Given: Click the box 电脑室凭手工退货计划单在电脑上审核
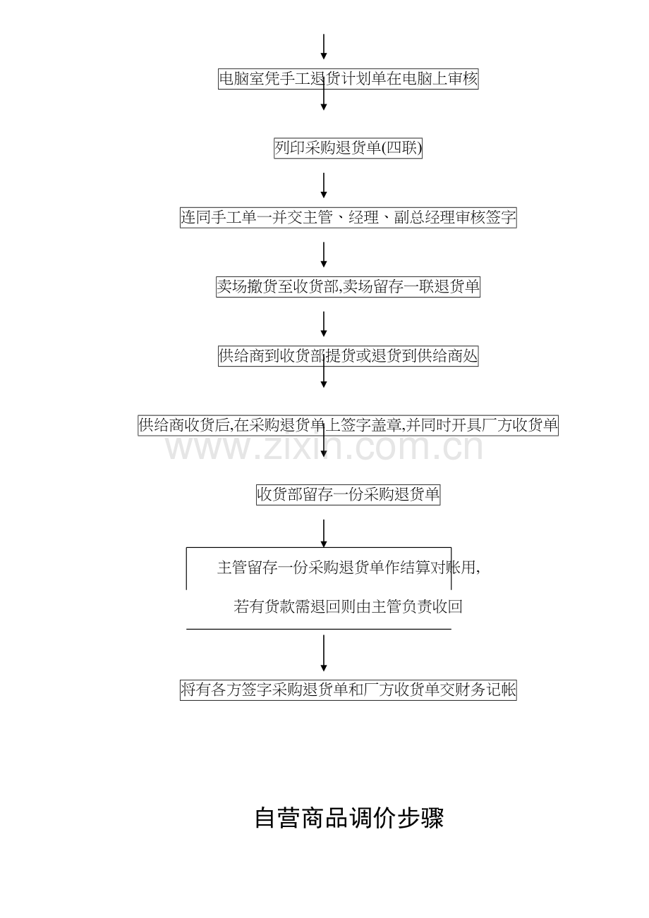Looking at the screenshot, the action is coord(348,79).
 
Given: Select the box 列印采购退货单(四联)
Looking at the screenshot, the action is coord(348,148).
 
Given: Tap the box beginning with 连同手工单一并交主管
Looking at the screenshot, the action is coord(348,218).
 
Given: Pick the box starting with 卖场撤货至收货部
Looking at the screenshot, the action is coord(348,287).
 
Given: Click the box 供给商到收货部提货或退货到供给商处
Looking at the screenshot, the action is coord(348,356).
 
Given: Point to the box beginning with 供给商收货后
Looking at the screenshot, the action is coord(348,425).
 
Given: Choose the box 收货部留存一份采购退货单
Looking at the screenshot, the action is coord(348,495).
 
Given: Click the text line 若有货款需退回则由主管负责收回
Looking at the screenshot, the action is coord(348,606).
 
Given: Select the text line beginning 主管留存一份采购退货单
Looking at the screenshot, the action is coord(349,568).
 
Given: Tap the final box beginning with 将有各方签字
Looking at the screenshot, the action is coord(348,690).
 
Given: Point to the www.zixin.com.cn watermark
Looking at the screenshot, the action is coord(324,448).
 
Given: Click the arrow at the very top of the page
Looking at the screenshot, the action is coord(324,47).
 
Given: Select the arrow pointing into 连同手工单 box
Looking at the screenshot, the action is coord(324,185).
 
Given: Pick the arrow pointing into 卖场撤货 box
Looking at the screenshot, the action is coord(324,255).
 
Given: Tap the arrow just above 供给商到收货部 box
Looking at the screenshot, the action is coord(324,324).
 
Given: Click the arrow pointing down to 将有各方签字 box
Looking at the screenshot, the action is coord(324,654).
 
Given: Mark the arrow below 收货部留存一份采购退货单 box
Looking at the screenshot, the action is coord(324,534).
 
